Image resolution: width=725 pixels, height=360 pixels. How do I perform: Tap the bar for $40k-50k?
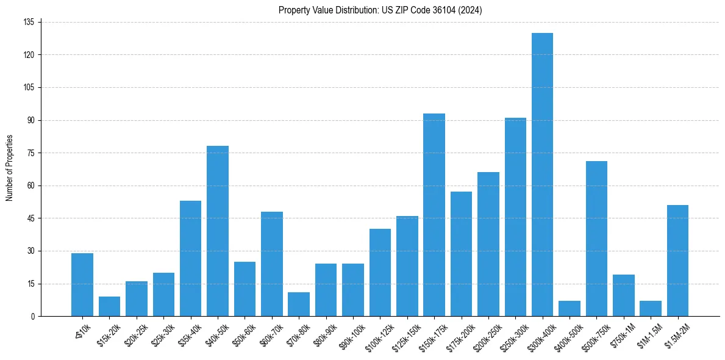[x=218, y=231]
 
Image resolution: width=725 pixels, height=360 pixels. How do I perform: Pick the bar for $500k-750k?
[x=596, y=239]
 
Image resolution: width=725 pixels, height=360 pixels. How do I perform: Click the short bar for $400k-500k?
[x=570, y=309]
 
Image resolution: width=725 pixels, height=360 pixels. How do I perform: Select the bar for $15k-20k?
[x=109, y=306]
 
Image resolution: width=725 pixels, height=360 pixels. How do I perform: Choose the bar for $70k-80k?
[x=299, y=304]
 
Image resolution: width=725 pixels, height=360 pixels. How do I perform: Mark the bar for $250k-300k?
[x=515, y=217]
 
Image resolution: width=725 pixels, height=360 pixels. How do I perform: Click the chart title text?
[x=380, y=10]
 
